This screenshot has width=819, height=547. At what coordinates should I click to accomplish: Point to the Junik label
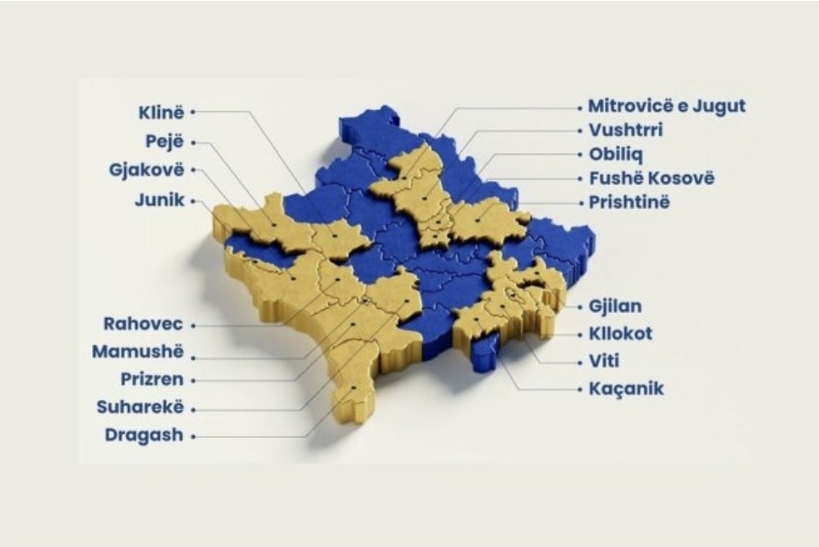159,201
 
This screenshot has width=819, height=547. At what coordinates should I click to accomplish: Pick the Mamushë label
137,353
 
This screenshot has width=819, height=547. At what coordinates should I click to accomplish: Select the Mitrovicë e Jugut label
667,107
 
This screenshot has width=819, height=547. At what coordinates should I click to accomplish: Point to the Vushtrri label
625,131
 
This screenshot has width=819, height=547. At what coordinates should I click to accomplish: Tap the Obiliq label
614,155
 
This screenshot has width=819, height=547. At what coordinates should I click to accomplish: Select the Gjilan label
615,306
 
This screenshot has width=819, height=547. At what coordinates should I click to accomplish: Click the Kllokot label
620,333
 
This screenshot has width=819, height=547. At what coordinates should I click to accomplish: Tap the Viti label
604,361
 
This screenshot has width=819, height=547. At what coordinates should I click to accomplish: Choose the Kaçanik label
626,390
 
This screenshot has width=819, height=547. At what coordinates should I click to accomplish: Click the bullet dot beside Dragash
193,437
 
